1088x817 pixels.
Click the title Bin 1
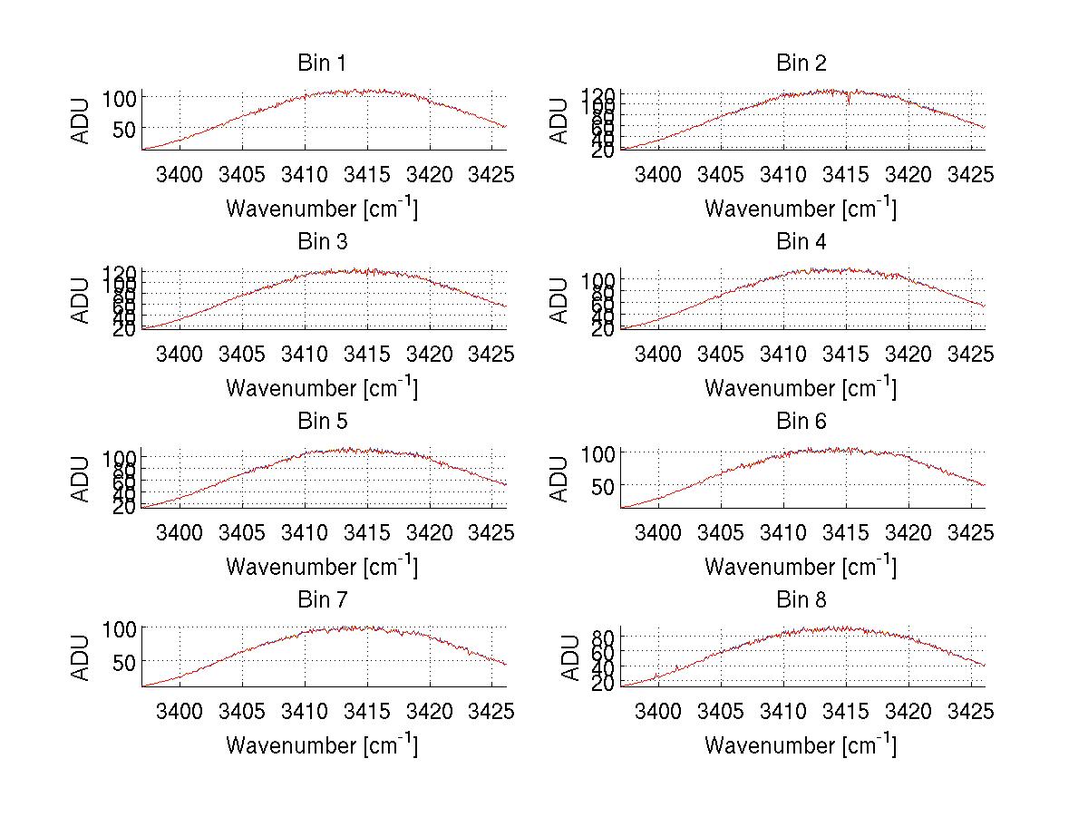(321, 63)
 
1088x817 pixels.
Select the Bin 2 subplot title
(801, 63)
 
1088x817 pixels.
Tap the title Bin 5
(321, 422)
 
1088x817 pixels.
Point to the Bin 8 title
(801, 600)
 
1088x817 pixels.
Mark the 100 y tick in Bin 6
(598, 452)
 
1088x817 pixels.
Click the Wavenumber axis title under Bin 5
(321, 567)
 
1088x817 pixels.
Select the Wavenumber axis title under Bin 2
(801, 209)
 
